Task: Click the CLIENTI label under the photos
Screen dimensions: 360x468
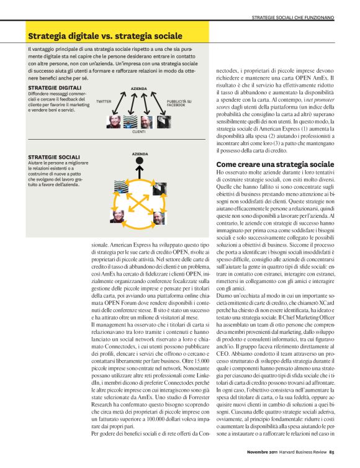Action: coord(139,132)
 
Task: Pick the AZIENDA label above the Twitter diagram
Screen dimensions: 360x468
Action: coord(139,89)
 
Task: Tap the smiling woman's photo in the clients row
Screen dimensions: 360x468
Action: coord(114,121)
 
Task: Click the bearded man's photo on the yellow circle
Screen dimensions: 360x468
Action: coord(159,218)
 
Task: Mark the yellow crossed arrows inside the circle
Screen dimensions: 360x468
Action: coord(138,202)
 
